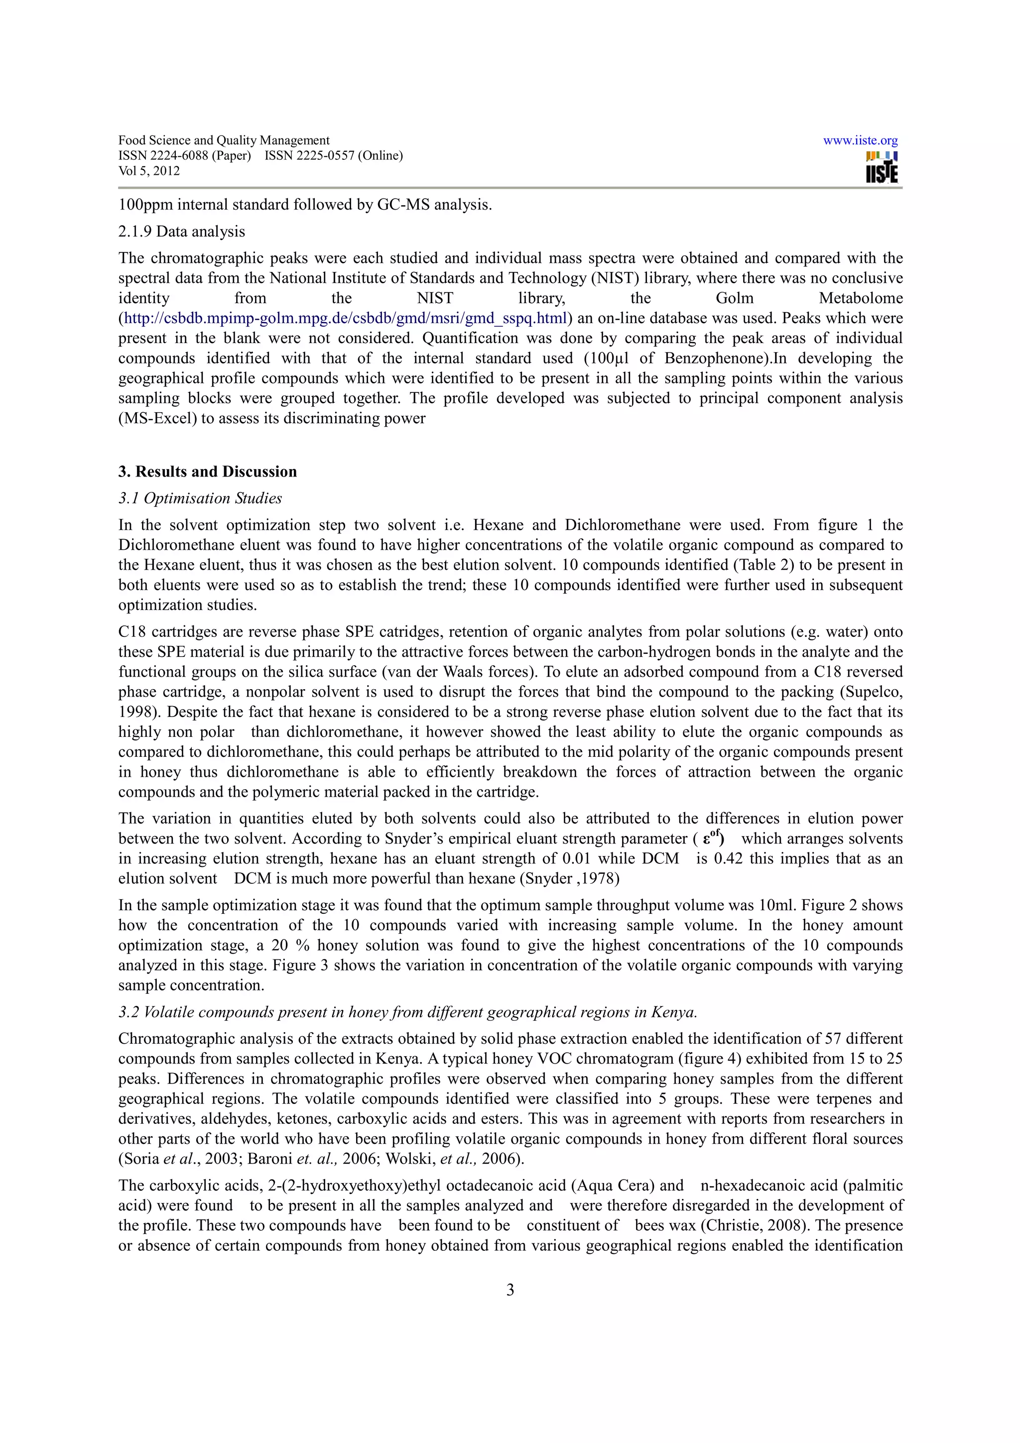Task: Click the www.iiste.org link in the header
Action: (860, 141)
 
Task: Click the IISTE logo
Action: (881, 168)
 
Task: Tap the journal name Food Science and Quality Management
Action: (224, 140)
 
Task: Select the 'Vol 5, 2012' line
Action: (149, 171)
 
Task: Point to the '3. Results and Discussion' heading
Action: (207, 472)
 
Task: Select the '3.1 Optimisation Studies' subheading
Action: (200, 498)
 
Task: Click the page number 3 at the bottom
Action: (510, 1290)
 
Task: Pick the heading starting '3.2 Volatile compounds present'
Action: (408, 1012)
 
